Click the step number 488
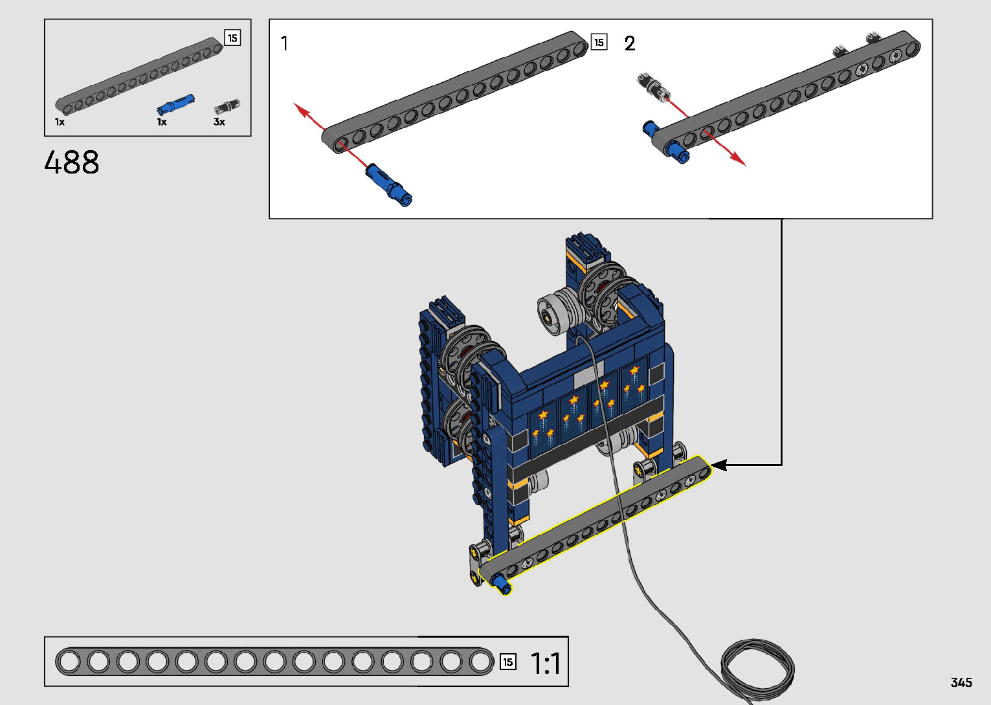(72, 162)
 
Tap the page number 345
(961, 682)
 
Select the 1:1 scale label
(546, 663)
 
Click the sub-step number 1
(284, 43)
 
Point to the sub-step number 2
(630, 43)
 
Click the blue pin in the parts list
(175, 104)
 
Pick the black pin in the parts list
(227, 106)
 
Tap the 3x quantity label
(219, 122)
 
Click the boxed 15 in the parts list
(232, 38)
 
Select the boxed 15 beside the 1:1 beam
(508, 662)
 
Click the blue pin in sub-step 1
(389, 185)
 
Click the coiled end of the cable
(757, 670)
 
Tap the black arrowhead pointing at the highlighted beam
(719, 465)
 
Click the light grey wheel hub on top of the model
(552, 313)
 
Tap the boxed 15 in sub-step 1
(599, 42)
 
